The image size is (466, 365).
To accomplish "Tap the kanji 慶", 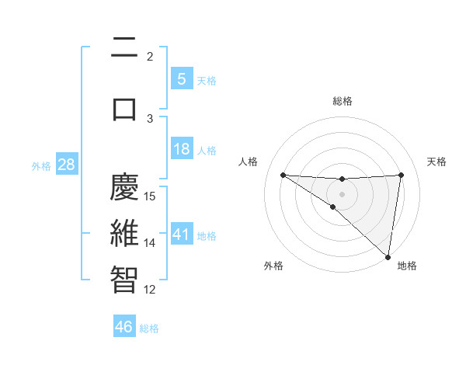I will pos(124,188).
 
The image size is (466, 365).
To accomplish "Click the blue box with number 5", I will pos(181,78).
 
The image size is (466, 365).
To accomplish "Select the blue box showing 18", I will pos(181,149).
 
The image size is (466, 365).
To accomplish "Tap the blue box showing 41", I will pos(181,234).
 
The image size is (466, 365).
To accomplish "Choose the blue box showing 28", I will pos(65,165).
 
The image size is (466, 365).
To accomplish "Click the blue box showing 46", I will pos(123,326).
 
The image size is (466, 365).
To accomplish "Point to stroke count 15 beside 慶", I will pos(151,196).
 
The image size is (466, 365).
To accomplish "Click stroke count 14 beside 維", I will pos(151,243).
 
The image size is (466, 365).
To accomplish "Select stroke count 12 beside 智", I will pos(151,290).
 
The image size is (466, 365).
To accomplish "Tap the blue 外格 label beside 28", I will pos(41,166).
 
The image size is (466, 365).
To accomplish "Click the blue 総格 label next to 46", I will pos(149,328).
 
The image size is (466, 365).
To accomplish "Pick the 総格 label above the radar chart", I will pos(343,101).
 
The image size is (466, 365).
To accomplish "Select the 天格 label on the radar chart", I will pos(437,162).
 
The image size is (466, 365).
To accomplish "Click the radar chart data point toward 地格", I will pos(388,256).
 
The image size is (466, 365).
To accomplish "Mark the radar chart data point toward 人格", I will pos(283,174).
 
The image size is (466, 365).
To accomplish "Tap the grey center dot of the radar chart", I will pos(342,193).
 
